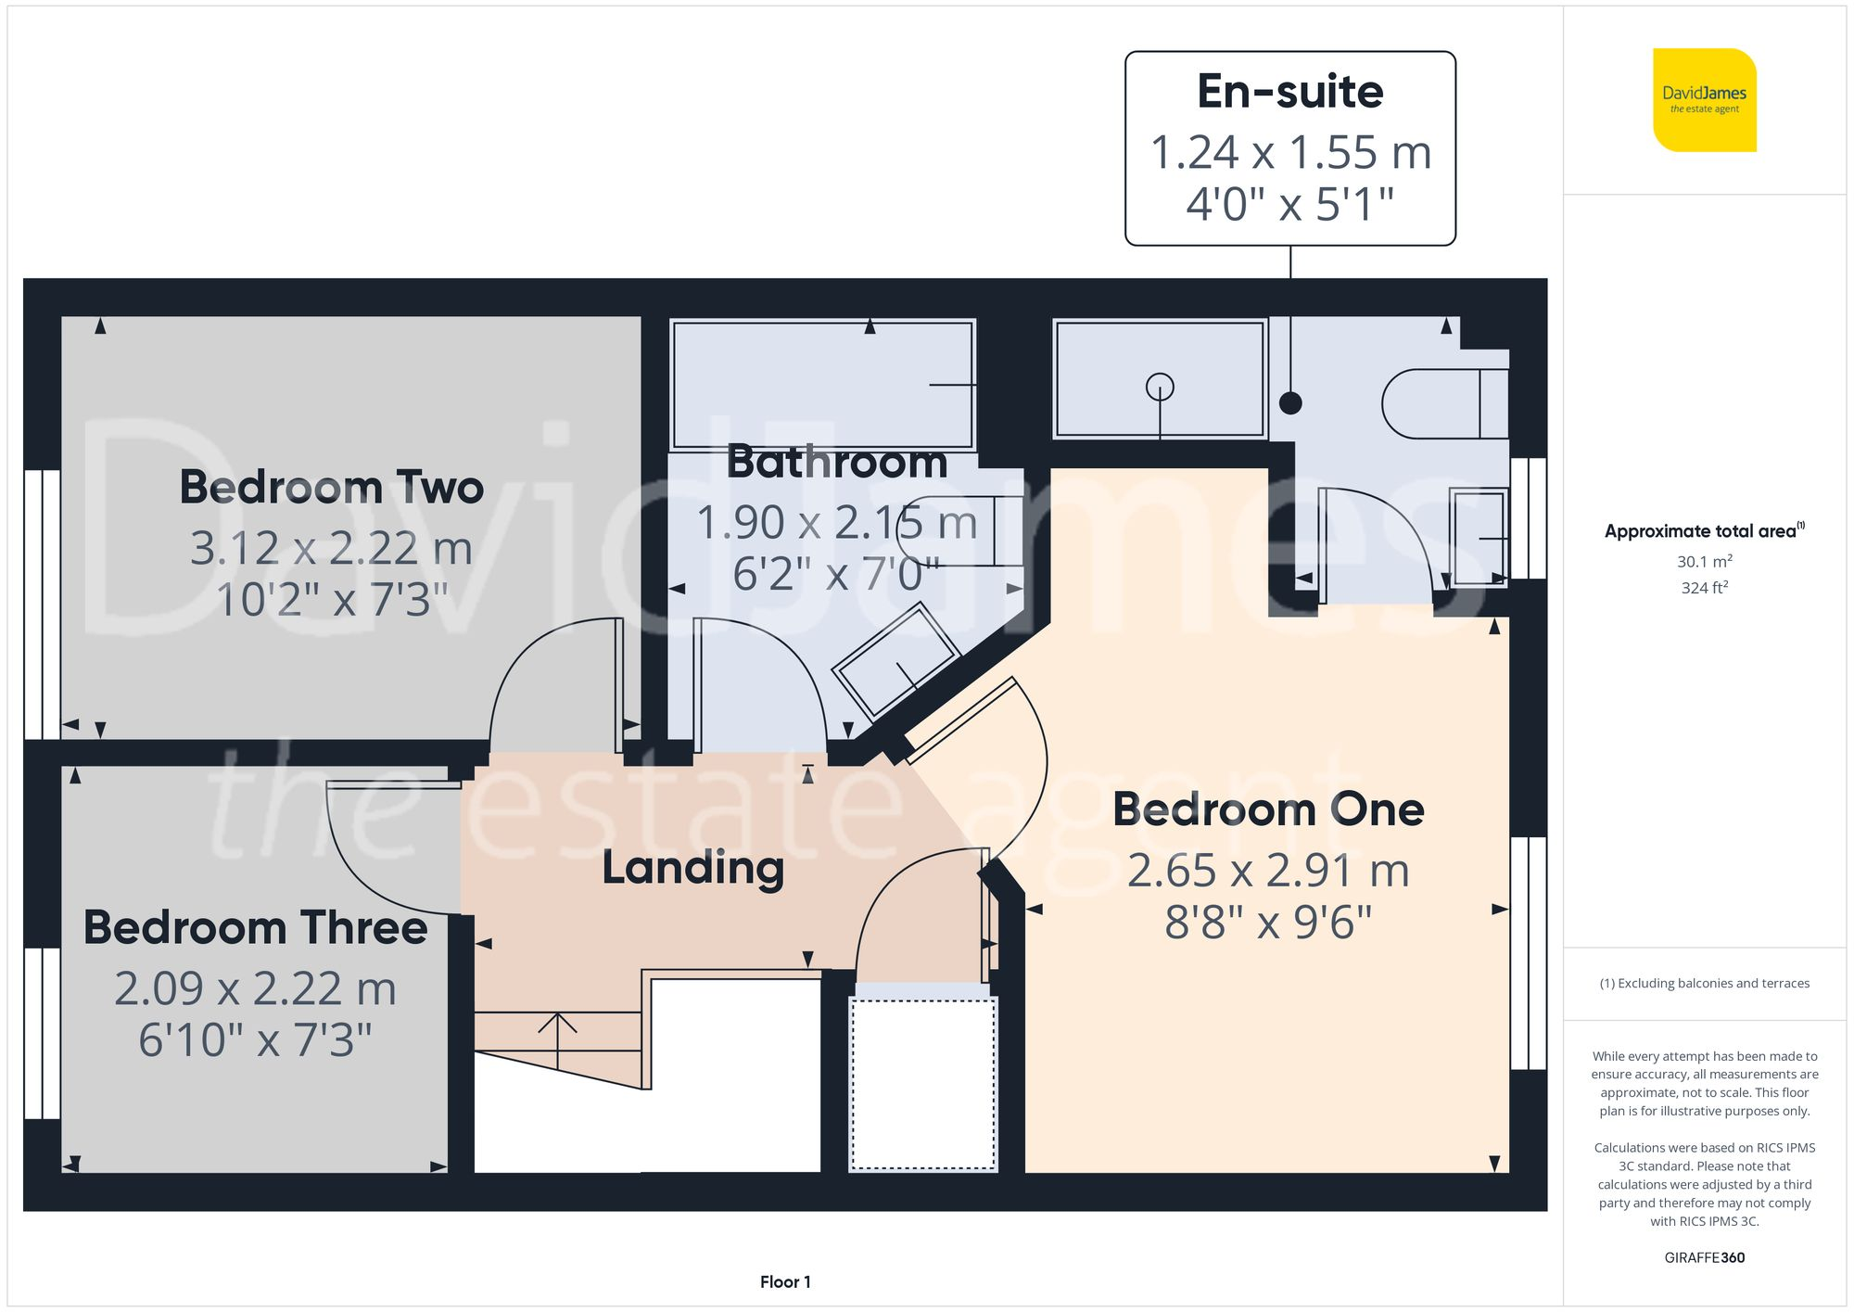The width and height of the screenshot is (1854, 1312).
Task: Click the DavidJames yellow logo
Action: point(1704,100)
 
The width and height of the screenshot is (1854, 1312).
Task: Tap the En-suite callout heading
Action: point(1289,92)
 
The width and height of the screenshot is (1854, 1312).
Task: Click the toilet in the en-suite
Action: point(1442,404)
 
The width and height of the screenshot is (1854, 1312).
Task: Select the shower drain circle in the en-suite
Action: point(1160,386)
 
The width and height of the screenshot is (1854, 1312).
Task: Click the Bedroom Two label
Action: point(331,487)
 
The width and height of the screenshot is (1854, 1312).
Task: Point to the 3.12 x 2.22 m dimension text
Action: point(331,548)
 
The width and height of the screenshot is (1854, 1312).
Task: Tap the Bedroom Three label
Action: point(255,927)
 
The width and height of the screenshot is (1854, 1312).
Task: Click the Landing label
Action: point(692,868)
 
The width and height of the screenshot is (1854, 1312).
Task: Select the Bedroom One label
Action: point(1267,809)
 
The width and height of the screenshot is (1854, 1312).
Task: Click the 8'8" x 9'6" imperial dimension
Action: point(1267,923)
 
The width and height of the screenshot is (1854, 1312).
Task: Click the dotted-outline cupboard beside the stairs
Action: point(923,1083)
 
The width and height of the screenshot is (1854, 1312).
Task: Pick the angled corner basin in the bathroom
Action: point(895,661)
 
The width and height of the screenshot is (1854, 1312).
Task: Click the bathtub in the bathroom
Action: point(822,385)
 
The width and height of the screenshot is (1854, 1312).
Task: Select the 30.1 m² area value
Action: point(1704,561)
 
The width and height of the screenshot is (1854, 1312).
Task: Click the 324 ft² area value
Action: point(1704,588)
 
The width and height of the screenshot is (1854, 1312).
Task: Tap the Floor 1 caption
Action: point(784,1282)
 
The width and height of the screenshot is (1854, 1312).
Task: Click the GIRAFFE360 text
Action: point(1704,1258)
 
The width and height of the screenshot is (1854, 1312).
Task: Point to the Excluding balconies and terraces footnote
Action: point(1704,984)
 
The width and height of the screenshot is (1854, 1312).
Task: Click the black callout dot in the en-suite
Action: point(1290,403)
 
